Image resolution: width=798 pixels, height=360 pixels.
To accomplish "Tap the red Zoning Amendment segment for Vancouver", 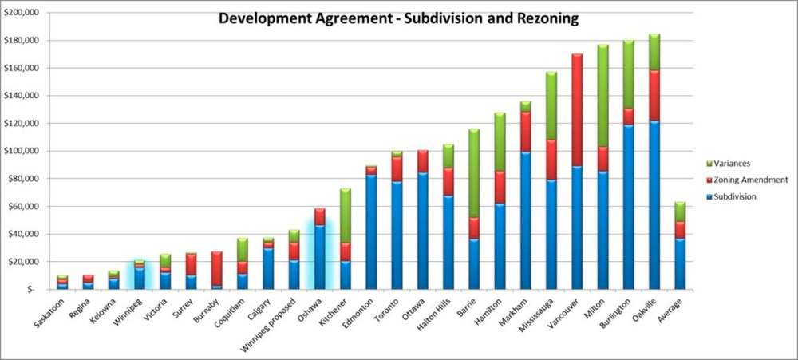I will pos(577,110).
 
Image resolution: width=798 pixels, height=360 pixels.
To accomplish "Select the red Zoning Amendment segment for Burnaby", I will pos(216,268).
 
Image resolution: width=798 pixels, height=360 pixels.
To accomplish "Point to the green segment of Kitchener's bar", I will pos(346,216).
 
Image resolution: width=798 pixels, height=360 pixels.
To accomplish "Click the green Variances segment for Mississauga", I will pos(551,105).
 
